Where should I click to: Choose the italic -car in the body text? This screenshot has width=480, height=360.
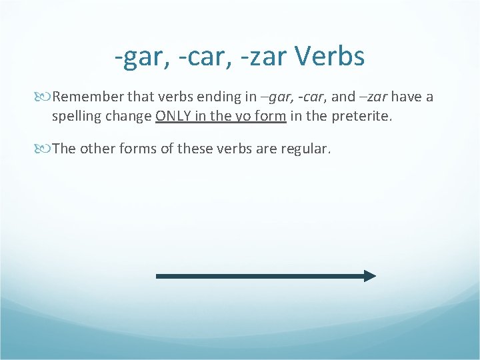(x=310, y=97)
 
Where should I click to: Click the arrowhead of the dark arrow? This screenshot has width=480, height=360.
(x=370, y=276)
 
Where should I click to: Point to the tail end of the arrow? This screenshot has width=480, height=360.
(x=159, y=276)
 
